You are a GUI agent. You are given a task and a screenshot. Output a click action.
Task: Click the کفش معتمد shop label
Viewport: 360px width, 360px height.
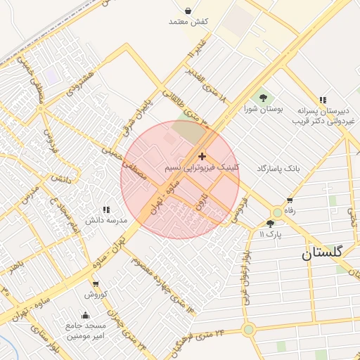(x=188, y=22)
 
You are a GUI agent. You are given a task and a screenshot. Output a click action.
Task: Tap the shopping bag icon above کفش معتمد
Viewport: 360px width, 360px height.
(x=188, y=11)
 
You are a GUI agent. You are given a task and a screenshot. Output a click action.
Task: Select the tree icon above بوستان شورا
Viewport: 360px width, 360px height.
(x=263, y=98)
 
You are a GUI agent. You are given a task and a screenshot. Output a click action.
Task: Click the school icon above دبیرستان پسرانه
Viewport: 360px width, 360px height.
(x=323, y=101)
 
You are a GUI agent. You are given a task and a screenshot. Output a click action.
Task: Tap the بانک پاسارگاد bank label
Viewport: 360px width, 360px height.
(x=278, y=169)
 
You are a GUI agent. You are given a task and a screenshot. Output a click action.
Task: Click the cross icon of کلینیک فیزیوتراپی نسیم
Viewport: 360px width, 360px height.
(x=202, y=156)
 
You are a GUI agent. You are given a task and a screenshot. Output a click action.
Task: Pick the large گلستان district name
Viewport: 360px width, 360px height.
(x=323, y=252)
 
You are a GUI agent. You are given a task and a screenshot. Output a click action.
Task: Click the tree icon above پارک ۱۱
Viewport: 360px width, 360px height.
(x=270, y=223)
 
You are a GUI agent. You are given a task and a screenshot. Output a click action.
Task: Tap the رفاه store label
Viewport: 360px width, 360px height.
(x=290, y=210)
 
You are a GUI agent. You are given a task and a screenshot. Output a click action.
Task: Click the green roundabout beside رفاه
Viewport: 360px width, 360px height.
(x=277, y=212)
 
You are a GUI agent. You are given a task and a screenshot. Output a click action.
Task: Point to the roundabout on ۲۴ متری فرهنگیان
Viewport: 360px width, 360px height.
(x=248, y=328)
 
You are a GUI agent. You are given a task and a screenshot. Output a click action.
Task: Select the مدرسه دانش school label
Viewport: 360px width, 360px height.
(x=106, y=220)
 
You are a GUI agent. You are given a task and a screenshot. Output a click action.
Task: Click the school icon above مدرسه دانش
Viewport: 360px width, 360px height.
(x=106, y=210)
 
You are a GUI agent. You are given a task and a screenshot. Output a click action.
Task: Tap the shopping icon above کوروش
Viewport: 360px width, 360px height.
(x=95, y=284)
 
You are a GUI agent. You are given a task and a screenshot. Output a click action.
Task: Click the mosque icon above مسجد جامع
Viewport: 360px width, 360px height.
(x=86, y=315)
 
